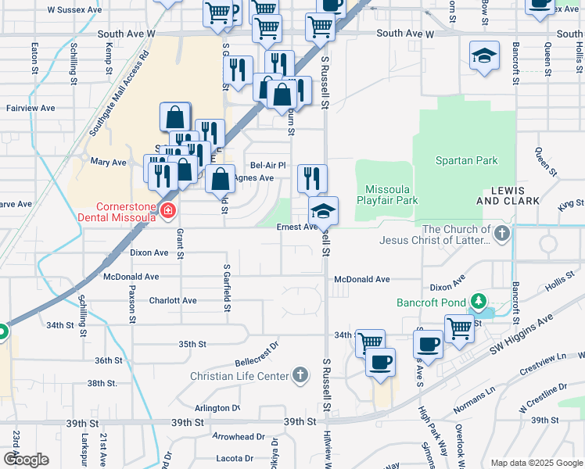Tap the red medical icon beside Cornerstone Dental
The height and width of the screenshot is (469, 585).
tap(167, 210)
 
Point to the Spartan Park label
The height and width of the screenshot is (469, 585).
tap(466, 160)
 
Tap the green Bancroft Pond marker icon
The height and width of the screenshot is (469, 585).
tap(478, 302)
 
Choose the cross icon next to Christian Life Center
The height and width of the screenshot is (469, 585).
tap(299, 376)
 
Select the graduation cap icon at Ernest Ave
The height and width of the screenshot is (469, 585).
tap(323, 211)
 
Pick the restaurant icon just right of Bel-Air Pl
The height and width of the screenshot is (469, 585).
tap(312, 179)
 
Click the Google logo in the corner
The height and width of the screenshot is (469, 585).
tap(26, 459)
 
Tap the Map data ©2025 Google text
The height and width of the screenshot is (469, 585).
tap(536, 463)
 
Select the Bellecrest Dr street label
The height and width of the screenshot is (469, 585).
tap(257, 354)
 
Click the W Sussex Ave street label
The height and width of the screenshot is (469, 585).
tap(74, 10)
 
